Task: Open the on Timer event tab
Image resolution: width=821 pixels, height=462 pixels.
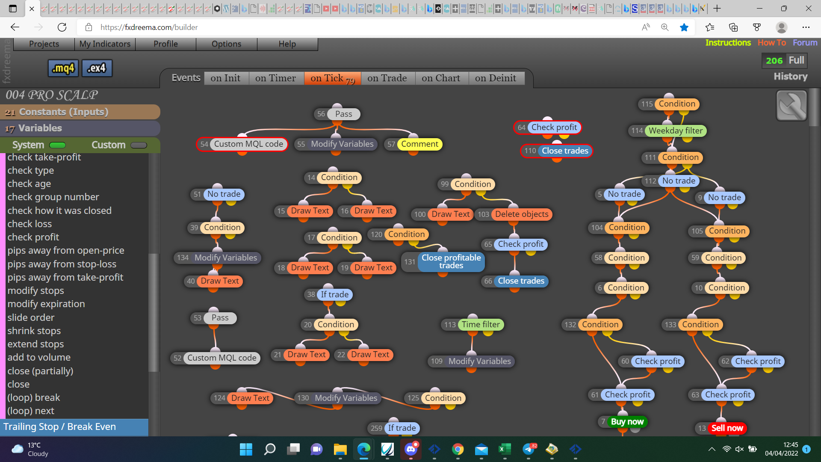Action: pyautogui.click(x=275, y=78)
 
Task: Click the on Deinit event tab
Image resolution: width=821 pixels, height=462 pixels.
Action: pyautogui.click(x=496, y=78)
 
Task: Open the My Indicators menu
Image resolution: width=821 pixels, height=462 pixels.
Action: pyautogui.click(x=105, y=44)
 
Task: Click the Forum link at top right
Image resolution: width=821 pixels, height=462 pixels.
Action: pyautogui.click(x=805, y=43)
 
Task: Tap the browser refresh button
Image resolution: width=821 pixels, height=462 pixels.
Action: pyautogui.click(x=62, y=27)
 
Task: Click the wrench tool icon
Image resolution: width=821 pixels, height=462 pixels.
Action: pyautogui.click(x=791, y=106)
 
